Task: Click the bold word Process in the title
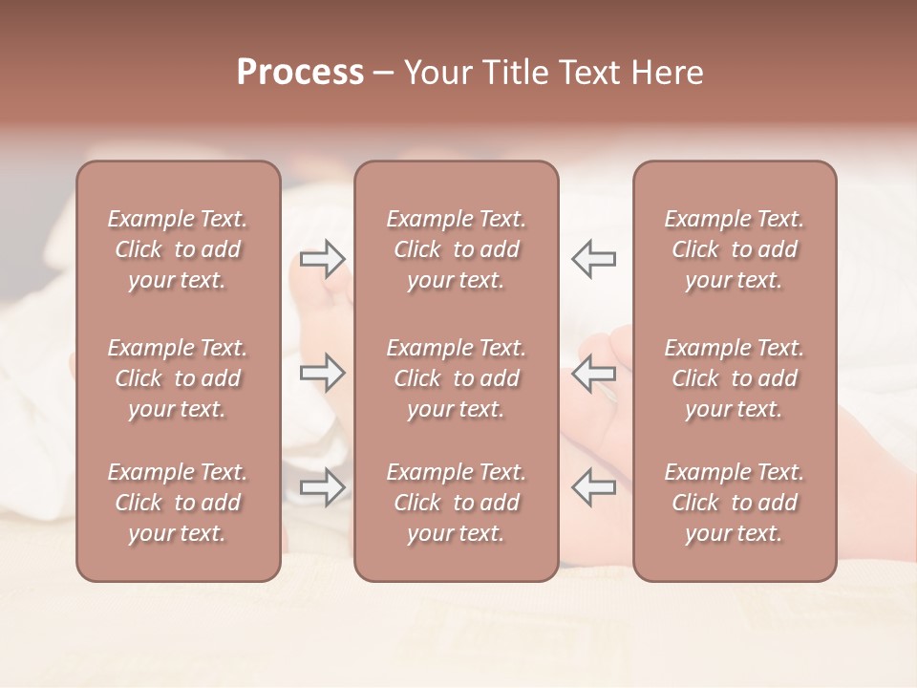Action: point(300,73)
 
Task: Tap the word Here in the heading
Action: point(667,73)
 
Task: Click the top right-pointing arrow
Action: point(323,258)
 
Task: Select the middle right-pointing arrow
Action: point(323,373)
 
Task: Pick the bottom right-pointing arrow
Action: point(323,487)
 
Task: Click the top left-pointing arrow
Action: point(594,258)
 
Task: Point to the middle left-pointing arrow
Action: point(594,373)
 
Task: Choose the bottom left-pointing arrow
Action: point(594,487)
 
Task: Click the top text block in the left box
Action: point(178,249)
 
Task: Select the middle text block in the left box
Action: point(178,378)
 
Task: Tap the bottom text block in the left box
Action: point(178,503)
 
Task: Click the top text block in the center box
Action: point(457,249)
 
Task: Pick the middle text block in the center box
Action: point(457,378)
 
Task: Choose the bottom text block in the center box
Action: point(457,503)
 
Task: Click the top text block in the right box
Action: point(735,249)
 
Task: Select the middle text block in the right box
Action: point(735,378)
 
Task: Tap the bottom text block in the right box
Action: point(735,503)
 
